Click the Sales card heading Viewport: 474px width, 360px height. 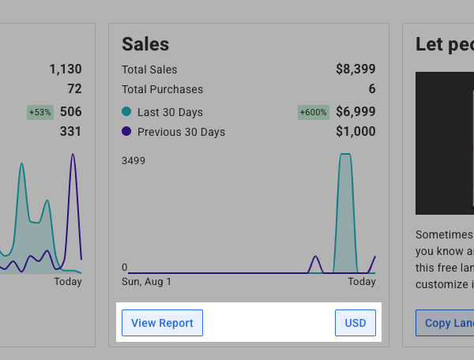pos(145,44)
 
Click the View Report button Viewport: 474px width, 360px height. pos(162,323)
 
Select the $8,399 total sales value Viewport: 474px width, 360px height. pos(355,69)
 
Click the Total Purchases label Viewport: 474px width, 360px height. pos(162,89)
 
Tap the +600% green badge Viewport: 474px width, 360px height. pos(313,112)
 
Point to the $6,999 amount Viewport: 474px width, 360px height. pos(355,112)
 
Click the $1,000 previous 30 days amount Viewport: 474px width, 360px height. pos(355,132)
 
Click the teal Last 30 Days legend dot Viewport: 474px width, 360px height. pos(126,111)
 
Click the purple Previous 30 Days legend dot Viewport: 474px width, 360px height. pos(126,132)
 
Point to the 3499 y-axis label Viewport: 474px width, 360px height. pos(134,161)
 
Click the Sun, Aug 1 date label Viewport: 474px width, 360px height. pos(146,282)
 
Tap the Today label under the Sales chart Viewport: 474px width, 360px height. pos(362,282)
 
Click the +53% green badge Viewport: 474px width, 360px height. pos(40,112)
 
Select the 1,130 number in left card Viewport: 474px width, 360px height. pos(64,69)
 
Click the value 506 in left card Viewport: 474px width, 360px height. pos(70,112)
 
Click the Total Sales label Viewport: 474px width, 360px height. pos(149,69)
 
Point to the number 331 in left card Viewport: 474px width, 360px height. pos(70,132)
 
